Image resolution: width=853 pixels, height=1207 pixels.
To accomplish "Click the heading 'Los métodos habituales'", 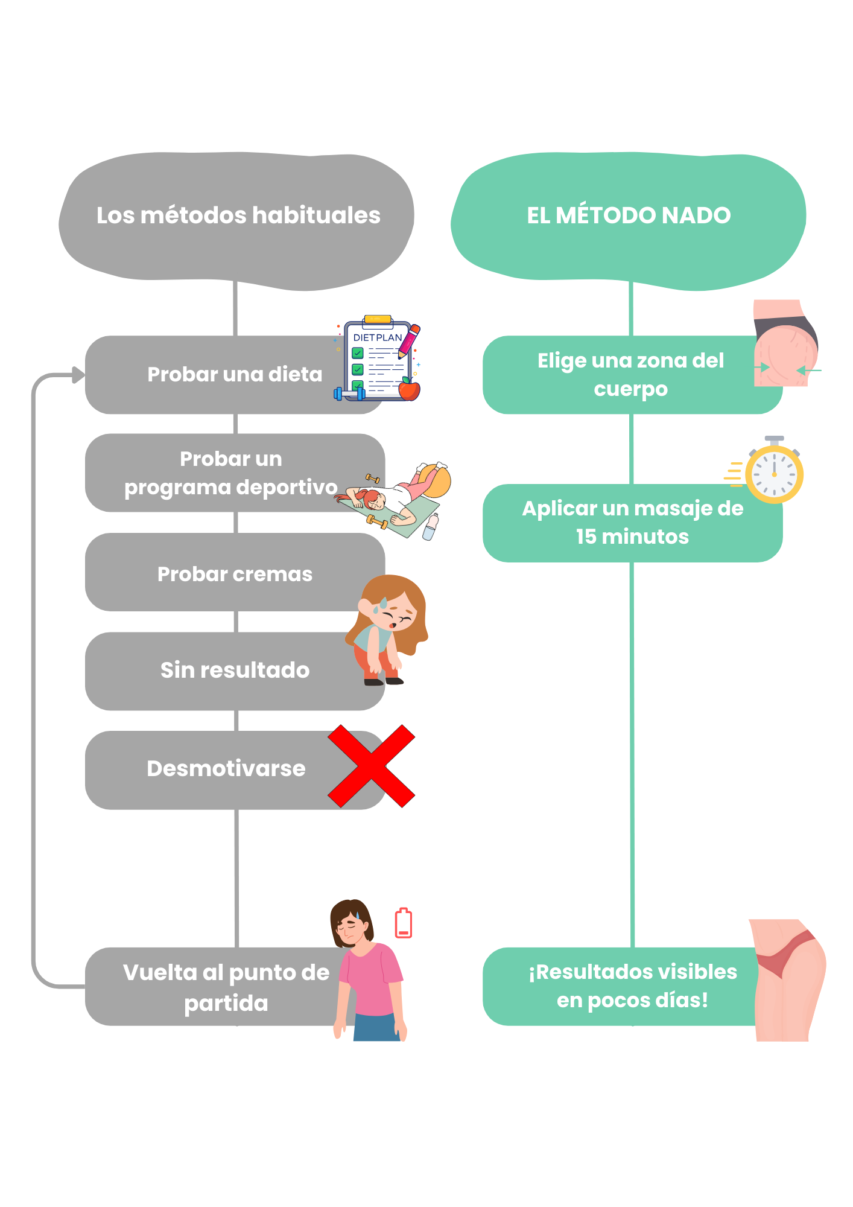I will click(238, 215).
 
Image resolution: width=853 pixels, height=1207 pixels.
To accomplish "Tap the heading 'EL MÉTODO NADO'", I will click(629, 215).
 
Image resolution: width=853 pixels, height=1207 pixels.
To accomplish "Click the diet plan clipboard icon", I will click(378, 360).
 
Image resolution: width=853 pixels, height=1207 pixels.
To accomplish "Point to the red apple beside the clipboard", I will click(409, 390).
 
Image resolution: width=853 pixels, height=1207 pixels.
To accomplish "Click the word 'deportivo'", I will click(296, 487).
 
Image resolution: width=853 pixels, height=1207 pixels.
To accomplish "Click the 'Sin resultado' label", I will click(235, 670).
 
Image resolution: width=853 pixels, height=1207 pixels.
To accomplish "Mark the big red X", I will click(371, 766).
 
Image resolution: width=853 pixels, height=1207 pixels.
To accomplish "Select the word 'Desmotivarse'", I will click(226, 769).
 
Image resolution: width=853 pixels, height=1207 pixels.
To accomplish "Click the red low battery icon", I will click(404, 923).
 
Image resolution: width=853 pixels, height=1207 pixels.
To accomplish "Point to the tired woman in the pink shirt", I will click(368, 972).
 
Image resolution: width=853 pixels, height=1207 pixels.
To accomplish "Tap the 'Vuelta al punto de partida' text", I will click(226, 987).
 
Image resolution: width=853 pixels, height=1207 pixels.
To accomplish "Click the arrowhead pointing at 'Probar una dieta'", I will click(78, 375).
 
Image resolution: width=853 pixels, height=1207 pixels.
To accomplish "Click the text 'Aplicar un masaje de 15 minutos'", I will click(632, 523).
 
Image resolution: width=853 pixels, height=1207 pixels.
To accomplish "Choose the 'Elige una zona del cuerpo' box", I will click(630, 375).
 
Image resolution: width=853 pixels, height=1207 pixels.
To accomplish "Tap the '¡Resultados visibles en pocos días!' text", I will click(632, 986).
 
